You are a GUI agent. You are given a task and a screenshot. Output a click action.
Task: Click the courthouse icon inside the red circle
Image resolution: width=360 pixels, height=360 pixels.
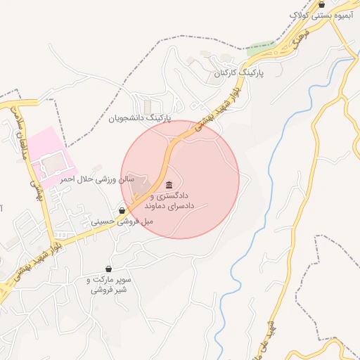(x=169, y=185)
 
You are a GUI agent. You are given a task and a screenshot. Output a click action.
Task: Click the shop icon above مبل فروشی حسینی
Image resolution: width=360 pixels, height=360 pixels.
(x=122, y=210)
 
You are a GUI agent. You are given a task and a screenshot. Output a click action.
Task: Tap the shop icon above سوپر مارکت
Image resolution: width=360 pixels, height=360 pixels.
(x=108, y=269)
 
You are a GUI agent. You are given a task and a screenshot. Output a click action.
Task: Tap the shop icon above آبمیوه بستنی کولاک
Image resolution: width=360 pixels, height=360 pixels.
(x=321, y=4)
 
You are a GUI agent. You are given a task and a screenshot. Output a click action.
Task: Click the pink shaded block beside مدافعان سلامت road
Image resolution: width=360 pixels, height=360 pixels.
(x=49, y=159)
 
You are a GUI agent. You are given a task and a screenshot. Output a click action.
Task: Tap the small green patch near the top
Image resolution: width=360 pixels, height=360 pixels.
(x=260, y=50)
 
